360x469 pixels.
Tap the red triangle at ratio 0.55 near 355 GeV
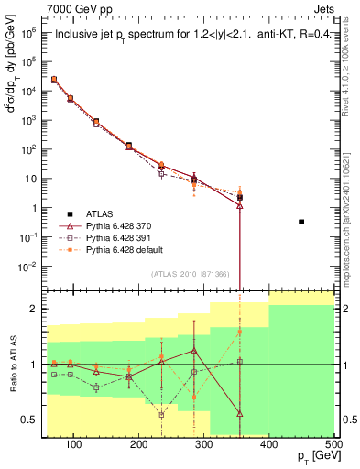[x=240, y=414]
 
